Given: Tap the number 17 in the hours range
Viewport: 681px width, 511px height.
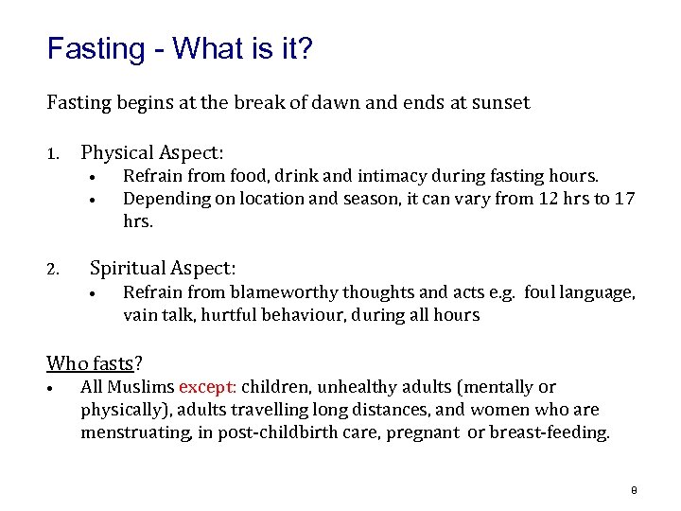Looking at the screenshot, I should [624, 198].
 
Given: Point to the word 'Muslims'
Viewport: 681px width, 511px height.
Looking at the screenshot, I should [141, 387].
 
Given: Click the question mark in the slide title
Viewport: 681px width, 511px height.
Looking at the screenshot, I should [303, 49].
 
